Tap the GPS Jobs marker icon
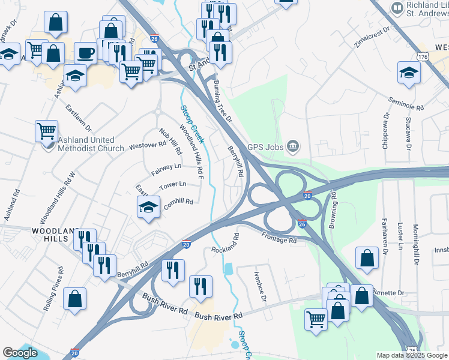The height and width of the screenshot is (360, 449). coord(293,145)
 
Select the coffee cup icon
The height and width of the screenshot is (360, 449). coord(85,52)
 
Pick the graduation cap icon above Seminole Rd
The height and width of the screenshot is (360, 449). coord(409,73)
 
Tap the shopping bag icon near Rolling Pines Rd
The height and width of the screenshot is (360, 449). coord(74,298)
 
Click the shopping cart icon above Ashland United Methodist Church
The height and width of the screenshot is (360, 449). coord(46,129)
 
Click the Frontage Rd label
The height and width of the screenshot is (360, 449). coord(279,237)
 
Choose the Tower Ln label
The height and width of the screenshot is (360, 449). coord(173,185)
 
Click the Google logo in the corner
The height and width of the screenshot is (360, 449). coord(20,353)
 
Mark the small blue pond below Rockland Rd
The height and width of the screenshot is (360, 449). coord(228,268)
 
